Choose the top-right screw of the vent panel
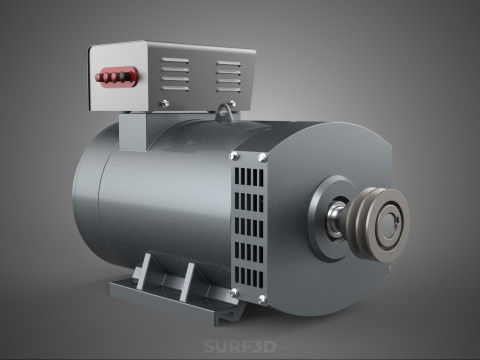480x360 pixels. pos(263,157)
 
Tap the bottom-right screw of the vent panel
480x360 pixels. pos(262,301)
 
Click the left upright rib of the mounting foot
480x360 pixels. pos(147,272)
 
